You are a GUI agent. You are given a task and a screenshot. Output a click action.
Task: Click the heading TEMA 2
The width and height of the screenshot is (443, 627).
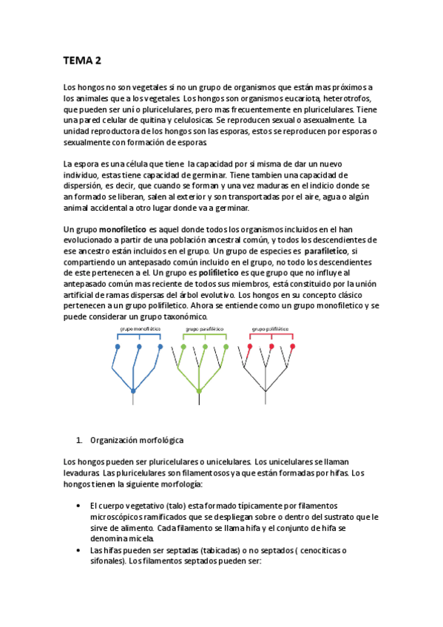click(x=82, y=61)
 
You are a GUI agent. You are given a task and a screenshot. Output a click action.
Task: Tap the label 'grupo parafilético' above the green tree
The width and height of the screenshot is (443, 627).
click(x=204, y=328)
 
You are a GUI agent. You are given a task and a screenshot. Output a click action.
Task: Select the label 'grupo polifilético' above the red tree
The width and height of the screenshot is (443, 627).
click(x=271, y=328)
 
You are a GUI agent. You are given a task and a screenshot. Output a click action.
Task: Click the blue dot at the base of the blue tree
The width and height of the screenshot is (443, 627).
click(x=133, y=391)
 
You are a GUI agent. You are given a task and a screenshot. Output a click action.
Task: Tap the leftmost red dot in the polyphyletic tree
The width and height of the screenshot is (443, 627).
click(x=250, y=346)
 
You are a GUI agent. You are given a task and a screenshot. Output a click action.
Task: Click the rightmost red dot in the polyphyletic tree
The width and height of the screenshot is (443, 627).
click(x=293, y=346)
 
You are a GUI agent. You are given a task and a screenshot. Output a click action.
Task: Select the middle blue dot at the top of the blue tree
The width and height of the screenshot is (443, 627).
click(x=139, y=346)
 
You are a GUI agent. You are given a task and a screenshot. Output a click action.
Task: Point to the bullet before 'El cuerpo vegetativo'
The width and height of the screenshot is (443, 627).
click(x=79, y=505)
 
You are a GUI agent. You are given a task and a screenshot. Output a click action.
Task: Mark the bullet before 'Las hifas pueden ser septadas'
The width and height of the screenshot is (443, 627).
click(x=79, y=551)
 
